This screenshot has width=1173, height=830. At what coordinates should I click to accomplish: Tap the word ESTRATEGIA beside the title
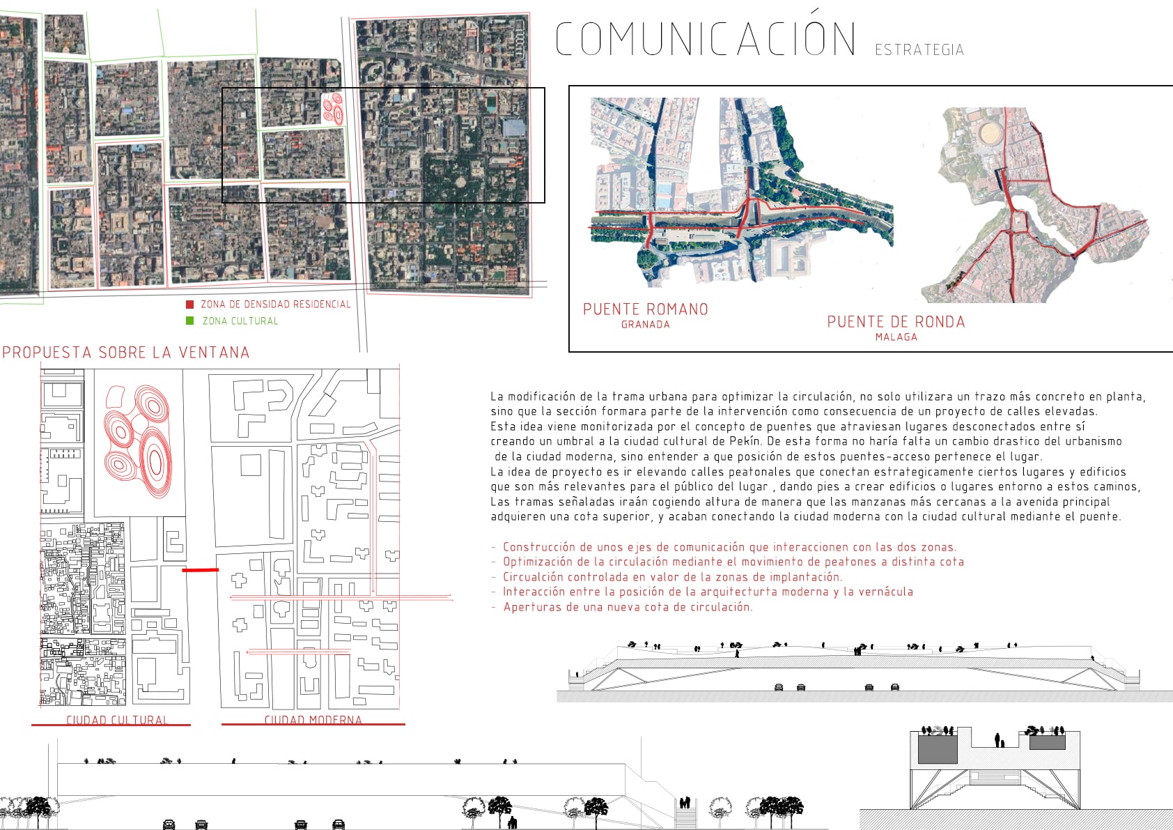[x=919, y=49]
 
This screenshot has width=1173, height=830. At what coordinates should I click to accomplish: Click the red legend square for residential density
[x=190, y=305]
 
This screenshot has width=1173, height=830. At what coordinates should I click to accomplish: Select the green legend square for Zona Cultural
[x=190, y=321]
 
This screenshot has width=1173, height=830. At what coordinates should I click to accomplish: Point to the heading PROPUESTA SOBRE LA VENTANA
[x=125, y=353]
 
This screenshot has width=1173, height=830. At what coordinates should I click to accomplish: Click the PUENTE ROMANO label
[x=645, y=309]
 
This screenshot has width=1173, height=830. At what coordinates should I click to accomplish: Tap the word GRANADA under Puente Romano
[x=645, y=324]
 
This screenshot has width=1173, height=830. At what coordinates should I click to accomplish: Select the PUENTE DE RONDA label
[x=896, y=322]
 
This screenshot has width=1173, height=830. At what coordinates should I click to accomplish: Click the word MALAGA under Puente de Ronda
[x=896, y=337]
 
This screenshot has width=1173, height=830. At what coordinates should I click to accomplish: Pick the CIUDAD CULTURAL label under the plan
[x=117, y=719]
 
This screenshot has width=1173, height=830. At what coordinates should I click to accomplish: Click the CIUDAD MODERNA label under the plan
[x=313, y=719]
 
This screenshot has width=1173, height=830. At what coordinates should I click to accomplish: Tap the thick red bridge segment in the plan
[x=200, y=569]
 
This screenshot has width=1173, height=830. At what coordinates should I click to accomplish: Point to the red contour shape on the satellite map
[x=332, y=109]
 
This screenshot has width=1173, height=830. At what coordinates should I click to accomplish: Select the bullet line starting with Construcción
[x=724, y=547]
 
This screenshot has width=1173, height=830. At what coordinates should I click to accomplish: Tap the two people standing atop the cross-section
[x=1000, y=740]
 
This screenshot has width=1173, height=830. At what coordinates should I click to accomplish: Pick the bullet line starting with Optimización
[x=728, y=562]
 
